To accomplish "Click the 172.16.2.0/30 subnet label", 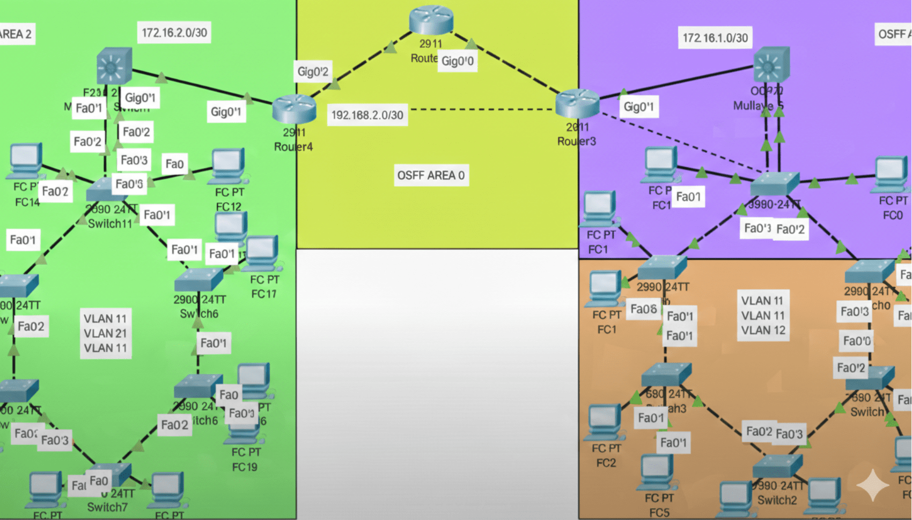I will [x=174, y=33].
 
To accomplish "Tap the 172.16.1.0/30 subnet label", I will [x=715, y=38].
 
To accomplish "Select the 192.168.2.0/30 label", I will [x=367, y=115].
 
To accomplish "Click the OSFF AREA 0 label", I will [x=431, y=175].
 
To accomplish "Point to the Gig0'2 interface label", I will [x=313, y=71].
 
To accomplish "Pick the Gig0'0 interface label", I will [x=457, y=61].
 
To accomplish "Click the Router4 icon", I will [x=293, y=109].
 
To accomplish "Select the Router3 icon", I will [x=577, y=103].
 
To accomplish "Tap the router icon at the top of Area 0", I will [x=431, y=20].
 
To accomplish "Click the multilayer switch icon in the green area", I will [x=114, y=66].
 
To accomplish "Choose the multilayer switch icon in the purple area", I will [x=771, y=65].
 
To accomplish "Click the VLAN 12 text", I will [x=763, y=330].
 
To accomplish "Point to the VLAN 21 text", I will [x=105, y=333].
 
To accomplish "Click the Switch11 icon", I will [x=106, y=189].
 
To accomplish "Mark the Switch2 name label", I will [x=777, y=500].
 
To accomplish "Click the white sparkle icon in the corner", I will [x=873, y=485].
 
